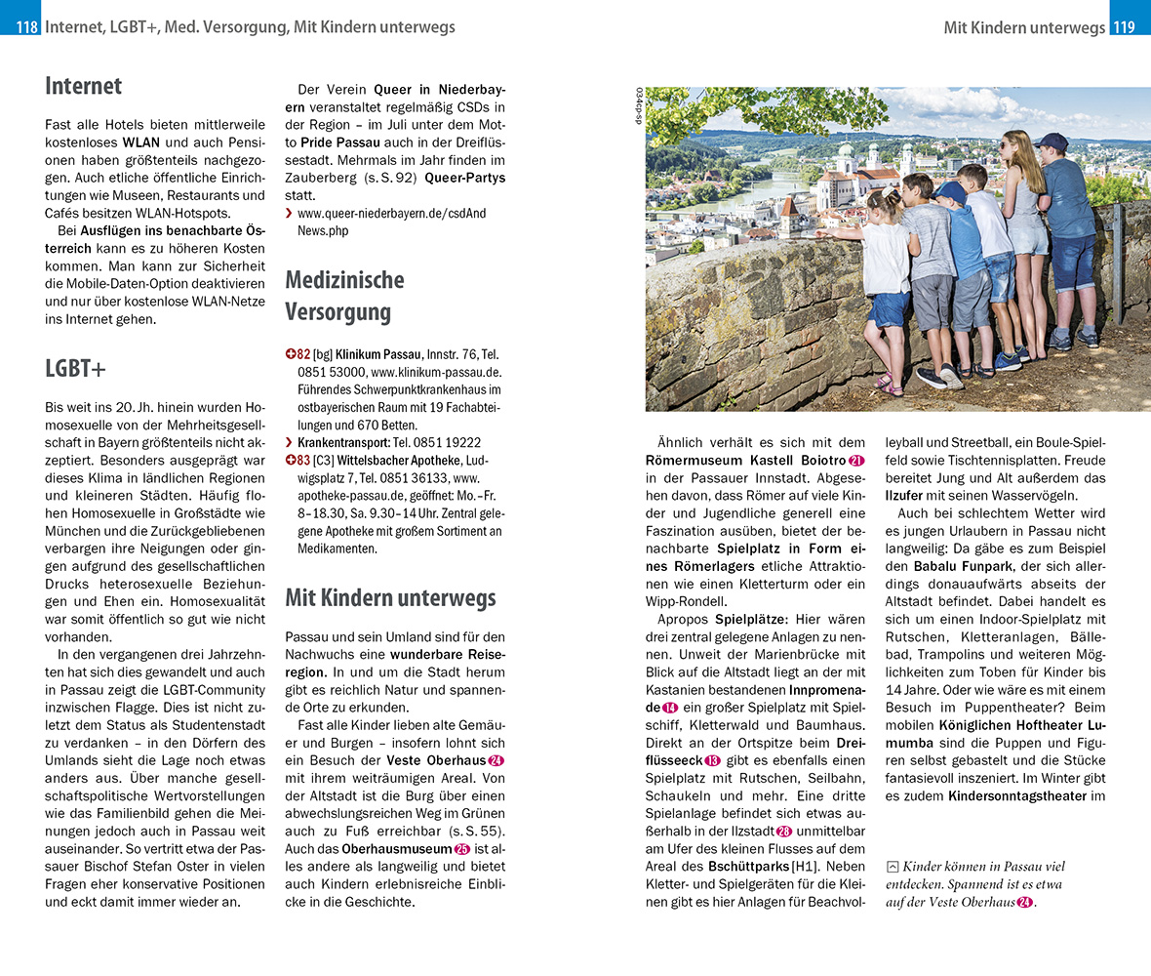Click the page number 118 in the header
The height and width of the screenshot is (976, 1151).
pos(26,27)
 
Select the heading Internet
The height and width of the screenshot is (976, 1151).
pos(83,86)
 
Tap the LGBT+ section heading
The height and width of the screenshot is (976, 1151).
pos(76,369)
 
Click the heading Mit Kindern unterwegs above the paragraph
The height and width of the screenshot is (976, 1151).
pos(390,597)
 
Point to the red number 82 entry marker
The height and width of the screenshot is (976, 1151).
pos(298,354)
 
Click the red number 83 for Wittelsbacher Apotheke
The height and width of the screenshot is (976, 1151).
pos(298,460)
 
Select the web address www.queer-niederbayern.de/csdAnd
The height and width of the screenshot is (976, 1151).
pos(391,213)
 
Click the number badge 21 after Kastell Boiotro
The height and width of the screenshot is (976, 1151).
pos(857,460)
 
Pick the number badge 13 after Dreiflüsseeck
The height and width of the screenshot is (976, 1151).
pos(712,760)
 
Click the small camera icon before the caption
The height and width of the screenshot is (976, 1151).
pos(892,867)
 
